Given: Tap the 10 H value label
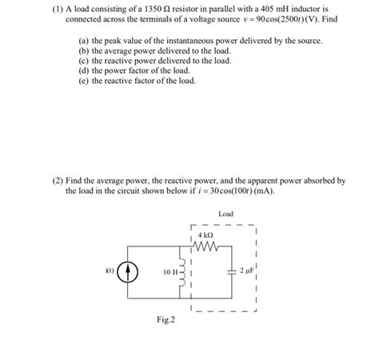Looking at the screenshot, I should click(x=171, y=271).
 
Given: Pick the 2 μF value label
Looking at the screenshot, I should click(x=248, y=270).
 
